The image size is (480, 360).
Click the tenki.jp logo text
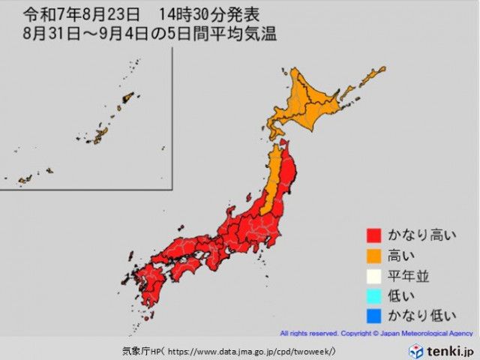[x=449, y=350]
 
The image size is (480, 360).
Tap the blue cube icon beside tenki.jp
[x=415, y=350]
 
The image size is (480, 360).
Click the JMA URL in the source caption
[x=251, y=350]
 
